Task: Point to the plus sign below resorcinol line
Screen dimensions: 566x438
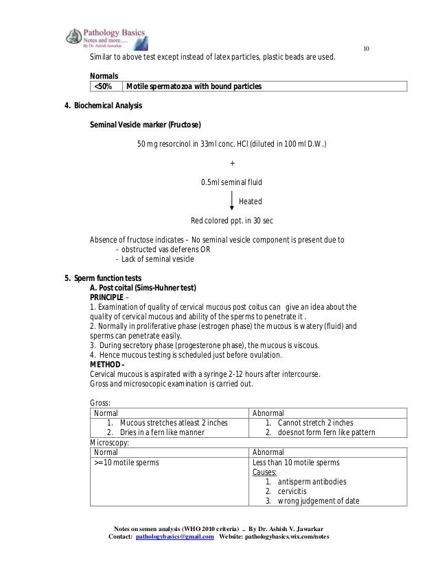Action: (232, 163)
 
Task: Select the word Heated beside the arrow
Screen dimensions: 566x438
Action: (250, 201)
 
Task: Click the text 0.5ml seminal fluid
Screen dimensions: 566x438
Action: (231, 182)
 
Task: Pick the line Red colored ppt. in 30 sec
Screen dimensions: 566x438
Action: (232, 221)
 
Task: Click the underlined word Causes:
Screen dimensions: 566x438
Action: (265, 472)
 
